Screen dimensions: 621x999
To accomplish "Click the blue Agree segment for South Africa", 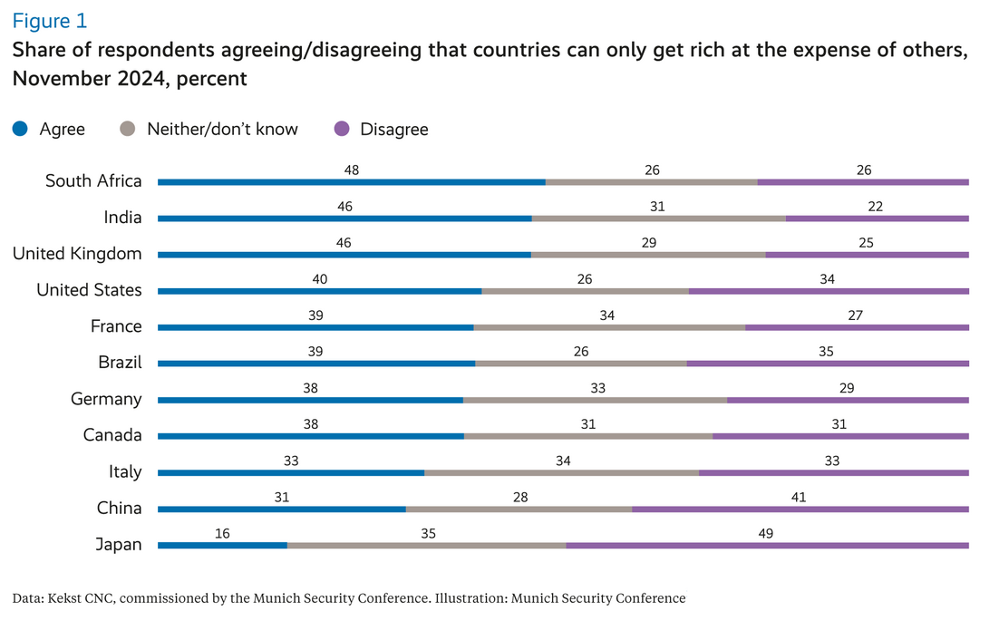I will point(351,182).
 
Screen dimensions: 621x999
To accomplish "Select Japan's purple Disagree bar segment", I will point(767,545).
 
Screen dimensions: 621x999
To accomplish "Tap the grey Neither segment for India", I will point(658,218).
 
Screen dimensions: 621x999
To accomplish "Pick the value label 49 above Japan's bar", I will point(767,533).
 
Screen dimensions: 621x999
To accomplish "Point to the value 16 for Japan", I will point(222,533).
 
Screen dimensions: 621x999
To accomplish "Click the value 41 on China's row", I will point(799,497).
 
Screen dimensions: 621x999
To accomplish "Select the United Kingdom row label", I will point(77,254).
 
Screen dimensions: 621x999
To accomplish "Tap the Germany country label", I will point(107,399).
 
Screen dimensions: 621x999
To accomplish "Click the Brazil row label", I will point(120,363).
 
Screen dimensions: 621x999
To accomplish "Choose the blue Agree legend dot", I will point(20,129).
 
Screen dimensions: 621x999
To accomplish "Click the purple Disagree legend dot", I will point(342,129).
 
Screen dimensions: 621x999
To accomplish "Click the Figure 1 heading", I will point(50,20).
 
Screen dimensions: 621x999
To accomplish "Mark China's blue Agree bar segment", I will point(281,509).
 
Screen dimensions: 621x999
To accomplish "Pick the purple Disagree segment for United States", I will point(829,291).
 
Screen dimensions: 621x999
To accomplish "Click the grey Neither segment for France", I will point(609,327).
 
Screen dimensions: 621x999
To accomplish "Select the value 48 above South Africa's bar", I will point(352,170).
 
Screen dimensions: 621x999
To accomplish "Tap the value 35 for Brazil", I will point(826,352).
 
